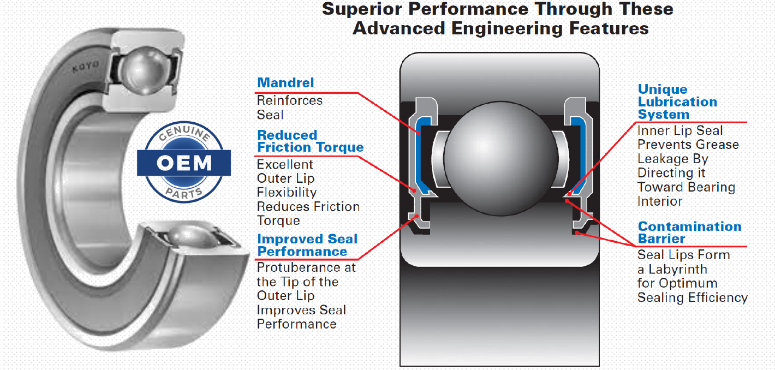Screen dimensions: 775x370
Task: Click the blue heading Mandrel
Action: [285, 83]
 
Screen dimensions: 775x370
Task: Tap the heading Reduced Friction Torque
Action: [311, 141]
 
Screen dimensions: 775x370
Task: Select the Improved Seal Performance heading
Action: [307, 245]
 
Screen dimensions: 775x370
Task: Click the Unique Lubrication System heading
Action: [677, 102]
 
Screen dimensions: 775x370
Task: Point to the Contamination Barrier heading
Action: [689, 232]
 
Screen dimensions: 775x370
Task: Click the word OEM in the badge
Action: [184, 163]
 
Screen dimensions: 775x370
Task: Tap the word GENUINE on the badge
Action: [184, 133]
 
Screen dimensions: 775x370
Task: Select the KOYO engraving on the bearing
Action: [86, 67]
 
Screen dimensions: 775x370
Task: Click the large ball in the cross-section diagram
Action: [500, 158]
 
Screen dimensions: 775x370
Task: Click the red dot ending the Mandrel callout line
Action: [418, 133]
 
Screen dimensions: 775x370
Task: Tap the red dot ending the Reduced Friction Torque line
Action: [414, 190]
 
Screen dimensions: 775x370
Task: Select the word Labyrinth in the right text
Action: [678, 270]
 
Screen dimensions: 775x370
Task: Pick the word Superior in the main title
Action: [362, 9]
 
